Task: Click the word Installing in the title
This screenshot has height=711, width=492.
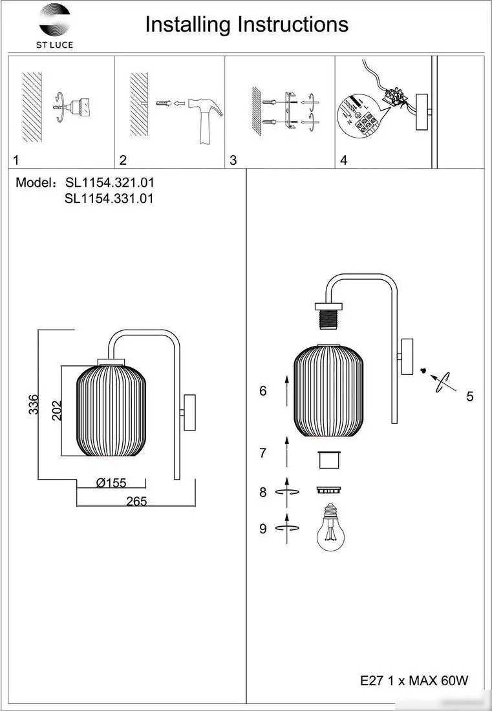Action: click(x=187, y=25)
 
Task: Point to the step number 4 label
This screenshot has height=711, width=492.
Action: click(x=343, y=160)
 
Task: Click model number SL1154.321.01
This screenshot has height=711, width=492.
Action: click(x=109, y=183)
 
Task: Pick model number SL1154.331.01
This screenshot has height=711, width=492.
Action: click(x=109, y=199)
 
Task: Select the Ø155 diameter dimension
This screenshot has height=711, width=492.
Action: click(x=111, y=483)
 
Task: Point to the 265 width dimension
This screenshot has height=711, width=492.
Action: click(x=136, y=501)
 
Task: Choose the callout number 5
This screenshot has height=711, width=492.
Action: click(x=470, y=396)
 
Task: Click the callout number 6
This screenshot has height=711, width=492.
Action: click(x=262, y=391)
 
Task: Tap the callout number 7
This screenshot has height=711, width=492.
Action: click(x=262, y=453)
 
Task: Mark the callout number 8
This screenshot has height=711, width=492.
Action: click(x=262, y=492)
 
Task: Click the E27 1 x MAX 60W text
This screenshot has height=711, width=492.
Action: click(x=414, y=681)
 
